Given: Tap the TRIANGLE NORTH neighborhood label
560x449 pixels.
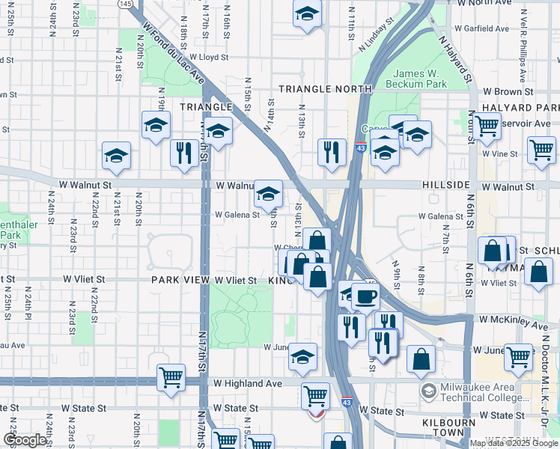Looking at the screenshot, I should [325, 89].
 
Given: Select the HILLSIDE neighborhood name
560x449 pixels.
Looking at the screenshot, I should [445, 185].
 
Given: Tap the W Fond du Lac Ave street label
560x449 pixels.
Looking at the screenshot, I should [171, 52].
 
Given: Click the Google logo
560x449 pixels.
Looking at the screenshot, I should [25, 440].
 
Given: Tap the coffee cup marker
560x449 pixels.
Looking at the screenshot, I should [365, 296].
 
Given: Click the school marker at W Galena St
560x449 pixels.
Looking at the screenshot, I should [267, 195].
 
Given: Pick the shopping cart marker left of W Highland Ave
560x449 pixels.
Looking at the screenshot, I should [171, 379].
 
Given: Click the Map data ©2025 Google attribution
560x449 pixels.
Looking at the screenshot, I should [513, 443].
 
